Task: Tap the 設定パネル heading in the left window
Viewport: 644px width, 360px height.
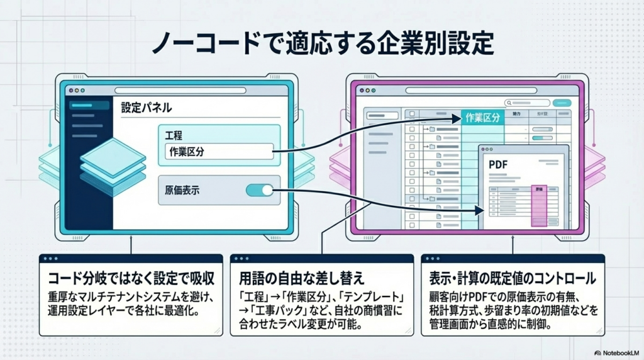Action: pos(146,108)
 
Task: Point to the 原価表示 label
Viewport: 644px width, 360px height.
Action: pos(182,191)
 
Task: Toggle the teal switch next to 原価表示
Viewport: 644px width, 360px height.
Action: pos(259,190)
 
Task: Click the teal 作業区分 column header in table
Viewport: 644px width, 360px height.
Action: pos(482,117)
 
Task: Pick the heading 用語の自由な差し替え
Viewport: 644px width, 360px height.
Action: pos(299,278)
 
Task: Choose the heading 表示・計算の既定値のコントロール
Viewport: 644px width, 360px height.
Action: pos(513,278)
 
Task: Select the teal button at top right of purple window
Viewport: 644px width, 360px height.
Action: pos(561,103)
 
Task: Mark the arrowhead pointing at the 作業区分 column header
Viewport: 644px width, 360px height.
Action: pos(457,118)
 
